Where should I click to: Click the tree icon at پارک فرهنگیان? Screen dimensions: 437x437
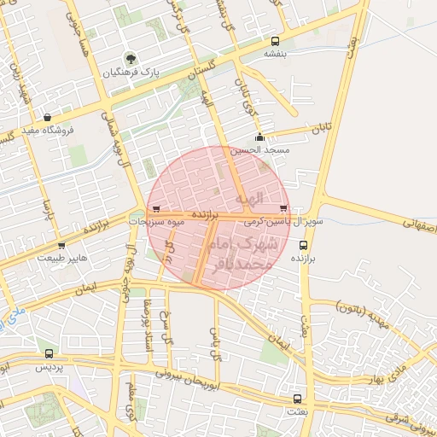[131, 59]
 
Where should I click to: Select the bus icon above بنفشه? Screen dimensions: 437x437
[275, 41]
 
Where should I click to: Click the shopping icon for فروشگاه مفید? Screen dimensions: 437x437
[46, 117]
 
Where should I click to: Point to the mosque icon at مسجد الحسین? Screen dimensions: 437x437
[259, 137]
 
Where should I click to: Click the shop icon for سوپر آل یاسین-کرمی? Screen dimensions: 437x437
[283, 208]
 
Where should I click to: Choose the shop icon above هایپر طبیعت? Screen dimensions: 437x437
[61, 246]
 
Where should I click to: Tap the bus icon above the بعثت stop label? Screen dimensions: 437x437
[297, 399]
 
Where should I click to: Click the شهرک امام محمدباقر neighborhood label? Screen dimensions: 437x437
[243, 254]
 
